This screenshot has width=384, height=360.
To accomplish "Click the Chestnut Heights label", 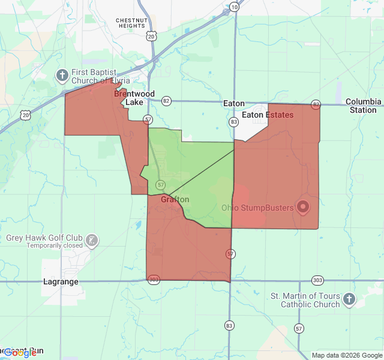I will pyautogui.click(x=131, y=23).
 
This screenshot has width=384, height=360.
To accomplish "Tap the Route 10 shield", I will pyautogui.click(x=234, y=7).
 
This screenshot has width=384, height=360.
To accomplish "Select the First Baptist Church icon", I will pyautogui.click(x=61, y=75).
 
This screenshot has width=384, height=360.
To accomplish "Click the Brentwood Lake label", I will pyautogui.click(x=134, y=98).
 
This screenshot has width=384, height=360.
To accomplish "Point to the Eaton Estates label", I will pyautogui.click(x=268, y=115).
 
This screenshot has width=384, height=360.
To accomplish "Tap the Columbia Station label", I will pyautogui.click(x=363, y=106).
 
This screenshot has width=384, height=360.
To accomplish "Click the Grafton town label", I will pyautogui.click(x=175, y=200).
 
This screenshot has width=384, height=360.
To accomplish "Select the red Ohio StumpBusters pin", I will pyautogui.click(x=303, y=207).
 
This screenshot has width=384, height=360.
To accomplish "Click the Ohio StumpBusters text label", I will pyautogui.click(x=257, y=208).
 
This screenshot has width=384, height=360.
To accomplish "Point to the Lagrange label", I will pyautogui.click(x=61, y=281).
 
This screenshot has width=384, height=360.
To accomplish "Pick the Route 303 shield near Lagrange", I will pyautogui.click(x=154, y=280).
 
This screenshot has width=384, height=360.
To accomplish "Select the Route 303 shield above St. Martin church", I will pyautogui.click(x=317, y=280).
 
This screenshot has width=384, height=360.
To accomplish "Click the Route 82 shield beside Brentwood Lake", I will pyautogui.click(x=166, y=101).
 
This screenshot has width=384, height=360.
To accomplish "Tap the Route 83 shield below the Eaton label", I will pyautogui.click(x=233, y=122).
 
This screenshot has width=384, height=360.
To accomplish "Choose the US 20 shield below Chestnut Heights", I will pyautogui.click(x=151, y=36).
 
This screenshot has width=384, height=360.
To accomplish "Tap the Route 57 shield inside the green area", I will pyautogui.click(x=160, y=184).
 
